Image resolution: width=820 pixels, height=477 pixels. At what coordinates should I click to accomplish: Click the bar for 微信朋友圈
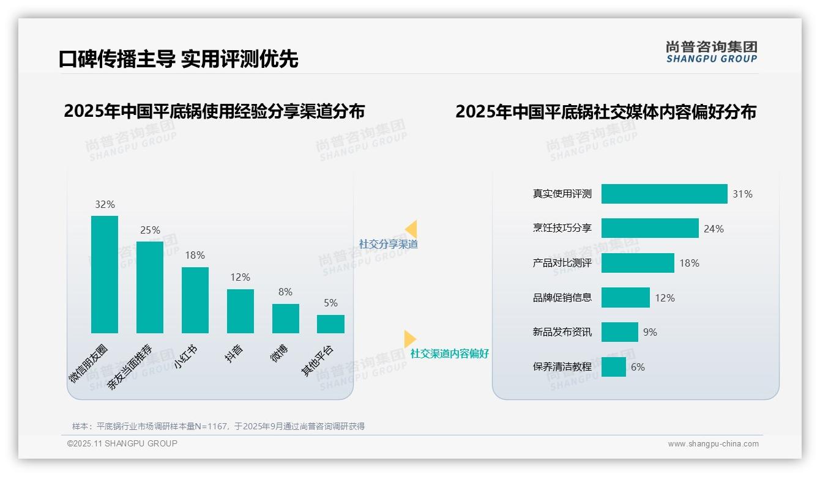point(105,274)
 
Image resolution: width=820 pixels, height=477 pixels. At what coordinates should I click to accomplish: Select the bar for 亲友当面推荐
point(150,287)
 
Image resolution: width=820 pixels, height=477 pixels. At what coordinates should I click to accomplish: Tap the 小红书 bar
point(195,300)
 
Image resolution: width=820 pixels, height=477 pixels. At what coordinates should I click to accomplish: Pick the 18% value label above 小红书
point(195,255)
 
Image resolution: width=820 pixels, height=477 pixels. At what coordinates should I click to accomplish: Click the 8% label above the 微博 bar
point(285,292)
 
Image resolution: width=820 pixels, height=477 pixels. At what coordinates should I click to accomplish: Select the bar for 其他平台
point(330,324)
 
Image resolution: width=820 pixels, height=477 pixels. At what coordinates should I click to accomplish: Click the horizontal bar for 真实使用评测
point(664,194)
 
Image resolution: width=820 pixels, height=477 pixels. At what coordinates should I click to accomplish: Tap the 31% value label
point(742,194)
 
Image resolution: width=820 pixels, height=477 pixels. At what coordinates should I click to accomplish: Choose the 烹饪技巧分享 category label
point(562,228)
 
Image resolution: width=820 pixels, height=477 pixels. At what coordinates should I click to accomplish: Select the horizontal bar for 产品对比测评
point(638,263)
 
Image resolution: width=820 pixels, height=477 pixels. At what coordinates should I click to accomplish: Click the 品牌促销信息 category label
point(562,298)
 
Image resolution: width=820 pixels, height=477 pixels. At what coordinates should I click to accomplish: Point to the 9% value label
point(650,332)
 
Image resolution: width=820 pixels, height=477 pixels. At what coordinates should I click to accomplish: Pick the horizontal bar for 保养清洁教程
point(614,367)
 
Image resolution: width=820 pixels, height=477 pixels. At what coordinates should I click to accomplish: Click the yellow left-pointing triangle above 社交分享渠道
point(412,229)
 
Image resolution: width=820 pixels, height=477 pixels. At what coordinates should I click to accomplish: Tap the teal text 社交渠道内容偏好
point(450,353)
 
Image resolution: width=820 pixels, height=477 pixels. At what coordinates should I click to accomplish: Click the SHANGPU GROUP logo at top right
point(712,52)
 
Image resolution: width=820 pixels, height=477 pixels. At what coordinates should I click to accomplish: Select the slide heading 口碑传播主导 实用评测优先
point(178,59)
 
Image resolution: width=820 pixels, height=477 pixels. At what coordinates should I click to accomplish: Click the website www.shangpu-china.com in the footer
point(713,444)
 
